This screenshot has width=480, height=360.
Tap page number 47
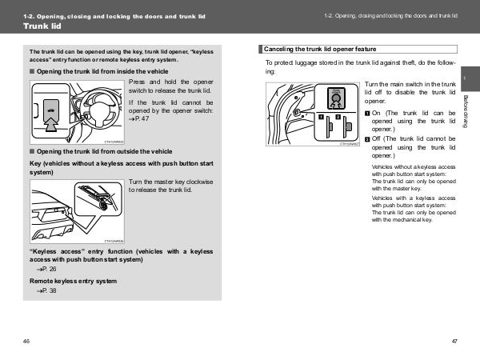click(454, 342)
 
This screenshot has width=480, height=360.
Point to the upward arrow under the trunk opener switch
click(51, 122)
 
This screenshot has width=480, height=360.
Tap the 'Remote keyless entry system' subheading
click(73, 282)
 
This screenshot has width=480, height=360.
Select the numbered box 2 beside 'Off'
click(368, 139)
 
